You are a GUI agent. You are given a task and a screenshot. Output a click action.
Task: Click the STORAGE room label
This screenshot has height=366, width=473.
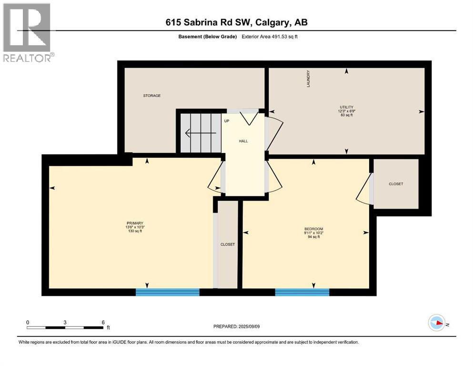[152, 96]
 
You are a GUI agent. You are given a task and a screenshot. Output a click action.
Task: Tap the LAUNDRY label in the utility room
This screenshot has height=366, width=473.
[309, 79]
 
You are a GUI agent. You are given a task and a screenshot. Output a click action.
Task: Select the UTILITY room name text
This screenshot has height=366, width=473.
[346, 107]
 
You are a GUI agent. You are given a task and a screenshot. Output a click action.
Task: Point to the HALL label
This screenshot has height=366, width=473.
[243, 141]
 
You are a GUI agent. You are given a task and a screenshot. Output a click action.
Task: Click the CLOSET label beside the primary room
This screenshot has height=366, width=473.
[227, 244]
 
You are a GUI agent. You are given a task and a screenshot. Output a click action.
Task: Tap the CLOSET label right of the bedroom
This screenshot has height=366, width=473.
[395, 184]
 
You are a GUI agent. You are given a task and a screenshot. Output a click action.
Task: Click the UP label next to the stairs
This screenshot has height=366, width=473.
[227, 121]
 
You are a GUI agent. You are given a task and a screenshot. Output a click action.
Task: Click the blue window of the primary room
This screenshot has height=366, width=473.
[167, 292]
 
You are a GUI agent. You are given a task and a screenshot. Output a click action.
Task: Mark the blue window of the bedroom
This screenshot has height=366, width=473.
[302, 292]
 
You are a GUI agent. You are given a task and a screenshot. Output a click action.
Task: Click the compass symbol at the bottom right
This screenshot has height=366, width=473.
[436, 323]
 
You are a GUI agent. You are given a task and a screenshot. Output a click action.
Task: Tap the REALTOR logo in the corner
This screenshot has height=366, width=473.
[28, 32]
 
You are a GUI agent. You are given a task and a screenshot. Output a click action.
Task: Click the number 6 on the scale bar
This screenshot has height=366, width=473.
[103, 322]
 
